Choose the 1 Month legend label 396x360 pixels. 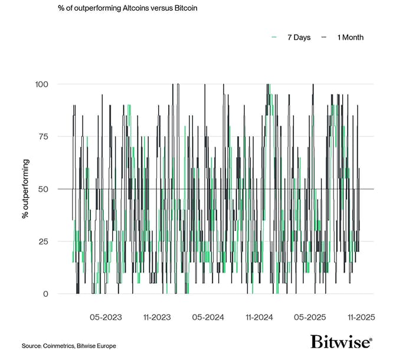351,38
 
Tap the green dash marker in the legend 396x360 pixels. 274,38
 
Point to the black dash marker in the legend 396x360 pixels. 324,38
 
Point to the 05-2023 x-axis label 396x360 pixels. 106,318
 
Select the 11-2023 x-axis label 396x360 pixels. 156,318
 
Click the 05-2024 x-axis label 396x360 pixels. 208,318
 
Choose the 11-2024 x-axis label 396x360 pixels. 259,318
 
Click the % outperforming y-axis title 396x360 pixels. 25,189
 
